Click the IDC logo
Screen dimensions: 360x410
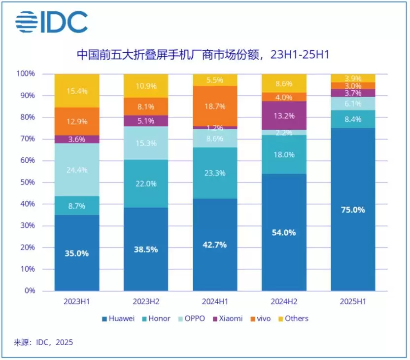51,22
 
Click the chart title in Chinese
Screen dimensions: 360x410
202,54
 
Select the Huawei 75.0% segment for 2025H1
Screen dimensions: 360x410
353,210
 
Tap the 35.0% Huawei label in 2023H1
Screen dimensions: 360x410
77,253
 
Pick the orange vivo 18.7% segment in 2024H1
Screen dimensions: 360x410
215,106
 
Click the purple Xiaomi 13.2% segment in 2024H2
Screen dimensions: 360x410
284,116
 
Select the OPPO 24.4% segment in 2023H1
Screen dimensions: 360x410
77,170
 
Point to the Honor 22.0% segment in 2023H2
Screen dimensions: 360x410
146,183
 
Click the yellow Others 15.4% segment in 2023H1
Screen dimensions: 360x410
77,91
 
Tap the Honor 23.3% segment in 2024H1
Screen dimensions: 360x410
215,173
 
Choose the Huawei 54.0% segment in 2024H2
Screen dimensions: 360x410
284,232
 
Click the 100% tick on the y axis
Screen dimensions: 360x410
26,74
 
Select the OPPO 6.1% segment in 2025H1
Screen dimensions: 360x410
353,104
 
